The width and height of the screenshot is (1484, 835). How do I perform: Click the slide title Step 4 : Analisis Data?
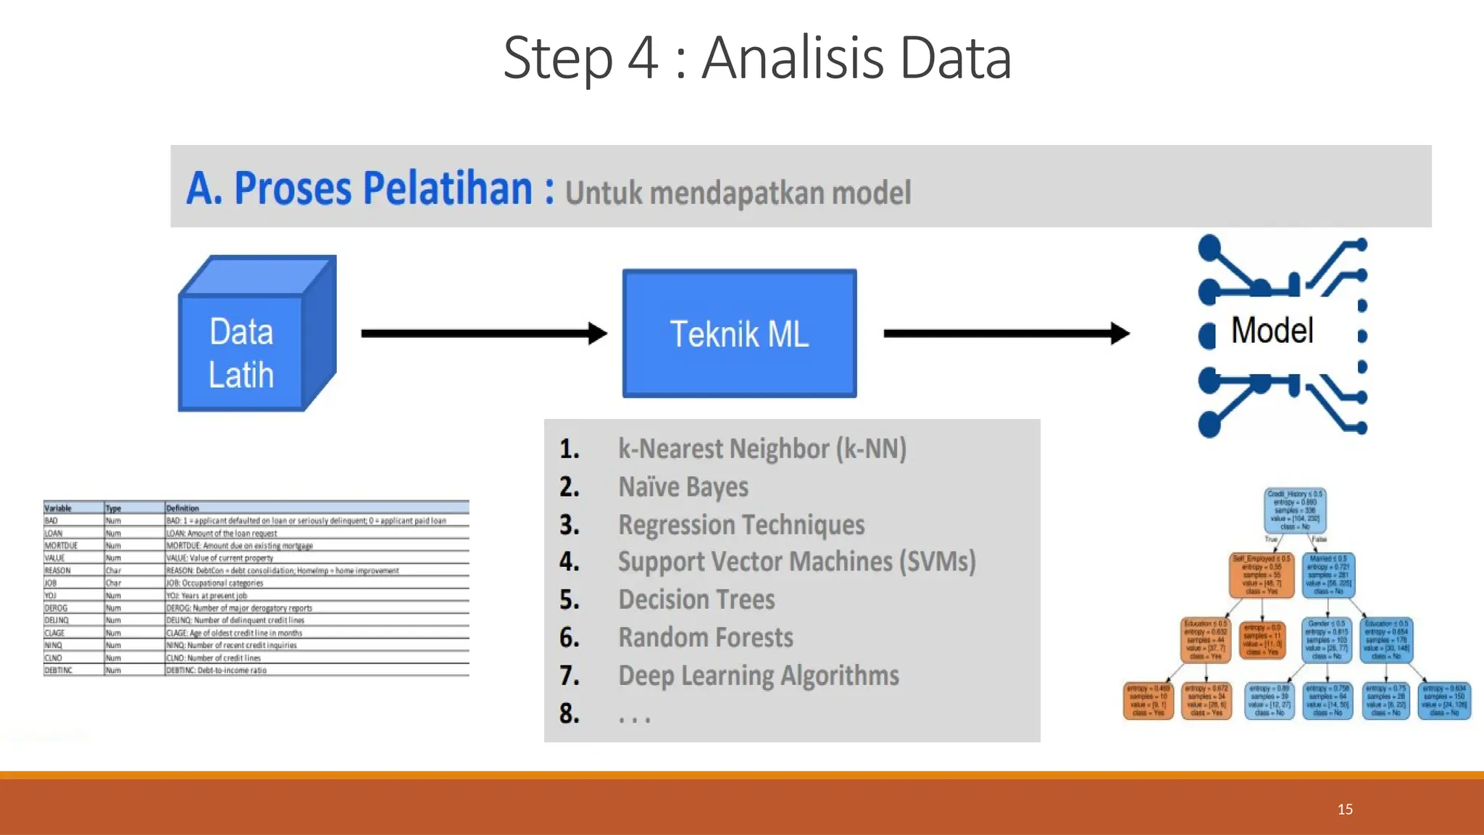pos(756,58)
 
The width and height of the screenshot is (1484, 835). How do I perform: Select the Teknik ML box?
pos(739,334)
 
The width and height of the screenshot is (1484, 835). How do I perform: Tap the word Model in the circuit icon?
pos(1272,331)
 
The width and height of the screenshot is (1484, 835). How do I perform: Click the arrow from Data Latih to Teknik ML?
pos(483,333)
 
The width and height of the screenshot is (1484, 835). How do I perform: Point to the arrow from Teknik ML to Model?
pos(1006,333)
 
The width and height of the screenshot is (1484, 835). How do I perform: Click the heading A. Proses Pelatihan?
pos(370,188)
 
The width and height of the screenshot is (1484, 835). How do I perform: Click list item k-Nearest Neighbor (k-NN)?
pos(762,449)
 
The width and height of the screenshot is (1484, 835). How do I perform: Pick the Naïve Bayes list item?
pos(683,487)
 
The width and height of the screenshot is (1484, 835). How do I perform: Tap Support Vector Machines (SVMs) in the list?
pos(796,562)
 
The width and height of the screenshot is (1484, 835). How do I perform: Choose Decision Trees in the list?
pos(696,599)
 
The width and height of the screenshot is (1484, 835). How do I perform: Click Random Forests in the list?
pos(705,638)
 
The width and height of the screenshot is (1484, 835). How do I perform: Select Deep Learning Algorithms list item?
pos(758,676)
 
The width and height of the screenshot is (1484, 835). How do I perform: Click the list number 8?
pos(569,714)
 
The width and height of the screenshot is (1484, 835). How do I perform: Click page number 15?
pos(1345,809)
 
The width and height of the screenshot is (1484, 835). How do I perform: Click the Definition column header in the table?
pos(182,508)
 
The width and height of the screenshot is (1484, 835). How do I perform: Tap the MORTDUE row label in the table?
pos(61,546)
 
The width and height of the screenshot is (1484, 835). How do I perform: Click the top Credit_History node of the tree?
pos(1296,510)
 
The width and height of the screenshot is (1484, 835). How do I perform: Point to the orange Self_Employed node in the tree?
pos(1262,575)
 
